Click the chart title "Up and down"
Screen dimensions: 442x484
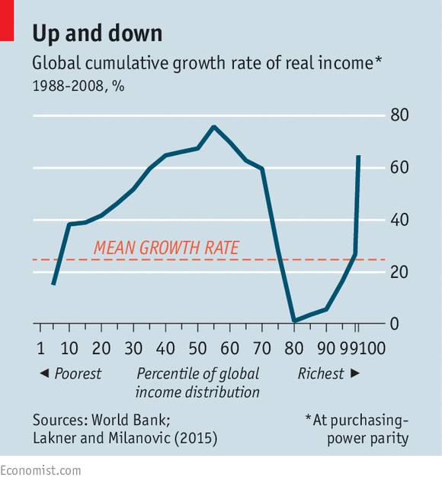point(98,34)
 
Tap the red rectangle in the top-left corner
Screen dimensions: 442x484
point(7,21)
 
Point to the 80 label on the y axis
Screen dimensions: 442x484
point(399,115)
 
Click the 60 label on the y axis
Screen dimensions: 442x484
point(399,167)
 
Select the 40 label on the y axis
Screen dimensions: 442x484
point(399,220)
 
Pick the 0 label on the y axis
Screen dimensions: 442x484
point(395,324)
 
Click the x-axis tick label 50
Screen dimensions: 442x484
point(197,348)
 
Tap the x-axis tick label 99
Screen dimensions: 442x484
point(350,348)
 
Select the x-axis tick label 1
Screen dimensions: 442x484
point(40,348)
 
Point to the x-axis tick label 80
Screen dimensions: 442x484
point(293,348)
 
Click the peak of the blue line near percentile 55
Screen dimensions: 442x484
point(214,127)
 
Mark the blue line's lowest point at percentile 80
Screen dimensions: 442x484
point(294,320)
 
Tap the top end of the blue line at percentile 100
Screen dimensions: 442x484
point(358,156)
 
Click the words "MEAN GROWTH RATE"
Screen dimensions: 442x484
point(166,247)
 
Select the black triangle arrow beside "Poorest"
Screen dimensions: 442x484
point(44,373)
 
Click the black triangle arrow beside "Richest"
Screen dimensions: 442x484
point(355,373)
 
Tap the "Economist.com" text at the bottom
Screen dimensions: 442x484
point(40,471)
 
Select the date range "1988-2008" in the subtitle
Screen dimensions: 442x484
point(68,86)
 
